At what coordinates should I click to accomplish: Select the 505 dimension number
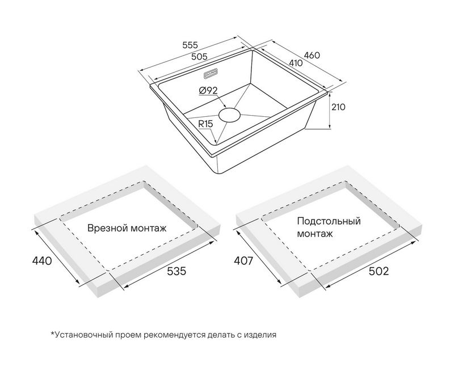point(198,56)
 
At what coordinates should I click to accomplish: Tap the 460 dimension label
point(312,56)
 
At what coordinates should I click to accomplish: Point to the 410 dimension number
point(295,63)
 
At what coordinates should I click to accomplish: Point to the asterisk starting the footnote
point(52,334)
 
